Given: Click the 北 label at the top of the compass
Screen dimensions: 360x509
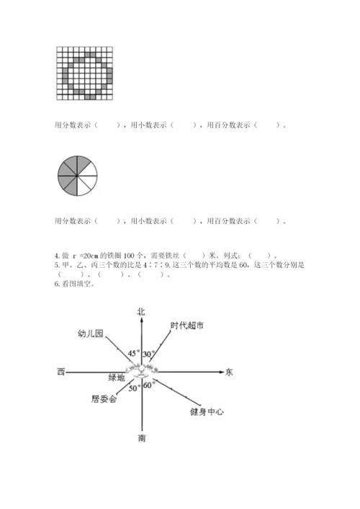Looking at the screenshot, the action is pyautogui.click(x=141, y=311).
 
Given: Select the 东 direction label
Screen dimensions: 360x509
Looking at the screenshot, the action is pyautogui.click(x=230, y=372).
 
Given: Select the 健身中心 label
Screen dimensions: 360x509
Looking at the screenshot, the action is pyautogui.click(x=207, y=411).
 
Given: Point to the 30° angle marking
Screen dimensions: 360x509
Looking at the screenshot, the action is pyautogui.click(x=149, y=353).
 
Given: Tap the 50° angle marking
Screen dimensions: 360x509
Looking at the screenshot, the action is pyautogui.click(x=134, y=389).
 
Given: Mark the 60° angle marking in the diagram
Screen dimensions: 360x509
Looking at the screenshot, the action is pyautogui.click(x=150, y=386).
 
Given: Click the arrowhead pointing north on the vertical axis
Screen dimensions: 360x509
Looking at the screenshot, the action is pyautogui.click(x=143, y=320).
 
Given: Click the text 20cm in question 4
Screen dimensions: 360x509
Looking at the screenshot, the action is pyautogui.click(x=89, y=255).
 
